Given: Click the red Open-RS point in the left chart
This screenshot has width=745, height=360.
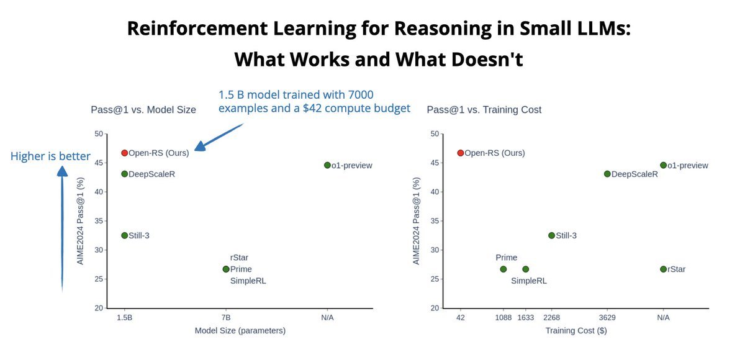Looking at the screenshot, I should [124, 153].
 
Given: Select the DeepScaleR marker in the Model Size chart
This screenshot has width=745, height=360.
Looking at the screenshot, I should [124, 174].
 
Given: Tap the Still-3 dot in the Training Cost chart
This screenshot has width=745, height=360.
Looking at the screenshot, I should [551, 235].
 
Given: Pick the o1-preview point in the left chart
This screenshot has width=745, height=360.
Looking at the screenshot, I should [327, 165].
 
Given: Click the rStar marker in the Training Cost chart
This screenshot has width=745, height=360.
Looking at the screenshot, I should [663, 269].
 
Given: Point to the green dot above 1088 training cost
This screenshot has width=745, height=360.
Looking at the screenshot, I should [503, 269].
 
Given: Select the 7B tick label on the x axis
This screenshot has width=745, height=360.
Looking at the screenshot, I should [226, 317].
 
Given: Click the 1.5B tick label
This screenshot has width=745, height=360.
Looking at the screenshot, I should [124, 317].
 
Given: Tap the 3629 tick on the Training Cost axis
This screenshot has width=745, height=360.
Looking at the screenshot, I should [607, 317].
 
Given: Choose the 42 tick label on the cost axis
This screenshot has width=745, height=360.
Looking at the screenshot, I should [461, 317].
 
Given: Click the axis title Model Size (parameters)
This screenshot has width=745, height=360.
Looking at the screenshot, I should [240, 331].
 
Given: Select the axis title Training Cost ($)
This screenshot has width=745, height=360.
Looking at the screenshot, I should [576, 331].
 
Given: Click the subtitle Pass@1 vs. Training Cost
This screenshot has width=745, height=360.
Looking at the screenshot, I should [484, 110].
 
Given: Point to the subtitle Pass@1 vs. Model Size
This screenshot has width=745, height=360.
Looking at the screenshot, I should [143, 110].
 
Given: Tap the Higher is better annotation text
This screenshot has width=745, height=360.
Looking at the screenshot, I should [51, 156].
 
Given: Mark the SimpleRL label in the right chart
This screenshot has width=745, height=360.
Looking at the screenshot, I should [529, 281].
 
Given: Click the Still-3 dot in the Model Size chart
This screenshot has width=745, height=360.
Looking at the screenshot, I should [124, 235].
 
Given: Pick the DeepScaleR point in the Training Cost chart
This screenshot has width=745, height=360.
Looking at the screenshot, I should [607, 174].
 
